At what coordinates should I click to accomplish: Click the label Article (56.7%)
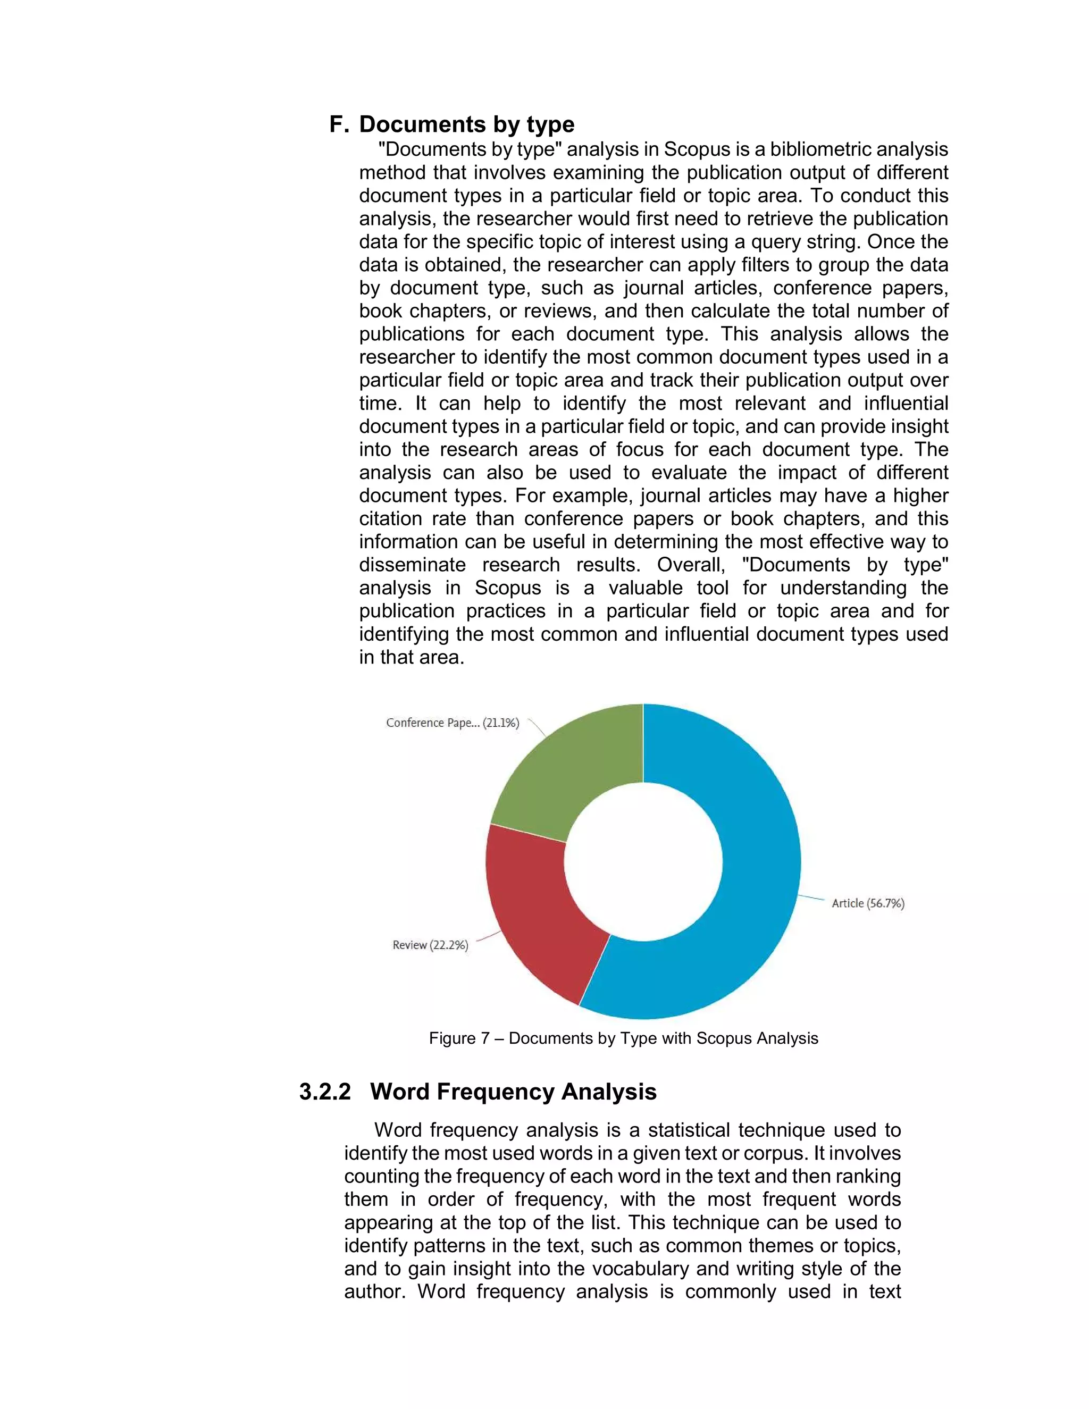point(868,903)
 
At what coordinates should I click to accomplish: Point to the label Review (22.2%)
point(430,945)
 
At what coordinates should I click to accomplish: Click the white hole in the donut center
point(643,862)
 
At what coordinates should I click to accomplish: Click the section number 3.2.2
point(325,1092)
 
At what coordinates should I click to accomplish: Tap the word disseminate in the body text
point(412,565)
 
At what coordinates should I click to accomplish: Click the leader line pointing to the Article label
point(811,898)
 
